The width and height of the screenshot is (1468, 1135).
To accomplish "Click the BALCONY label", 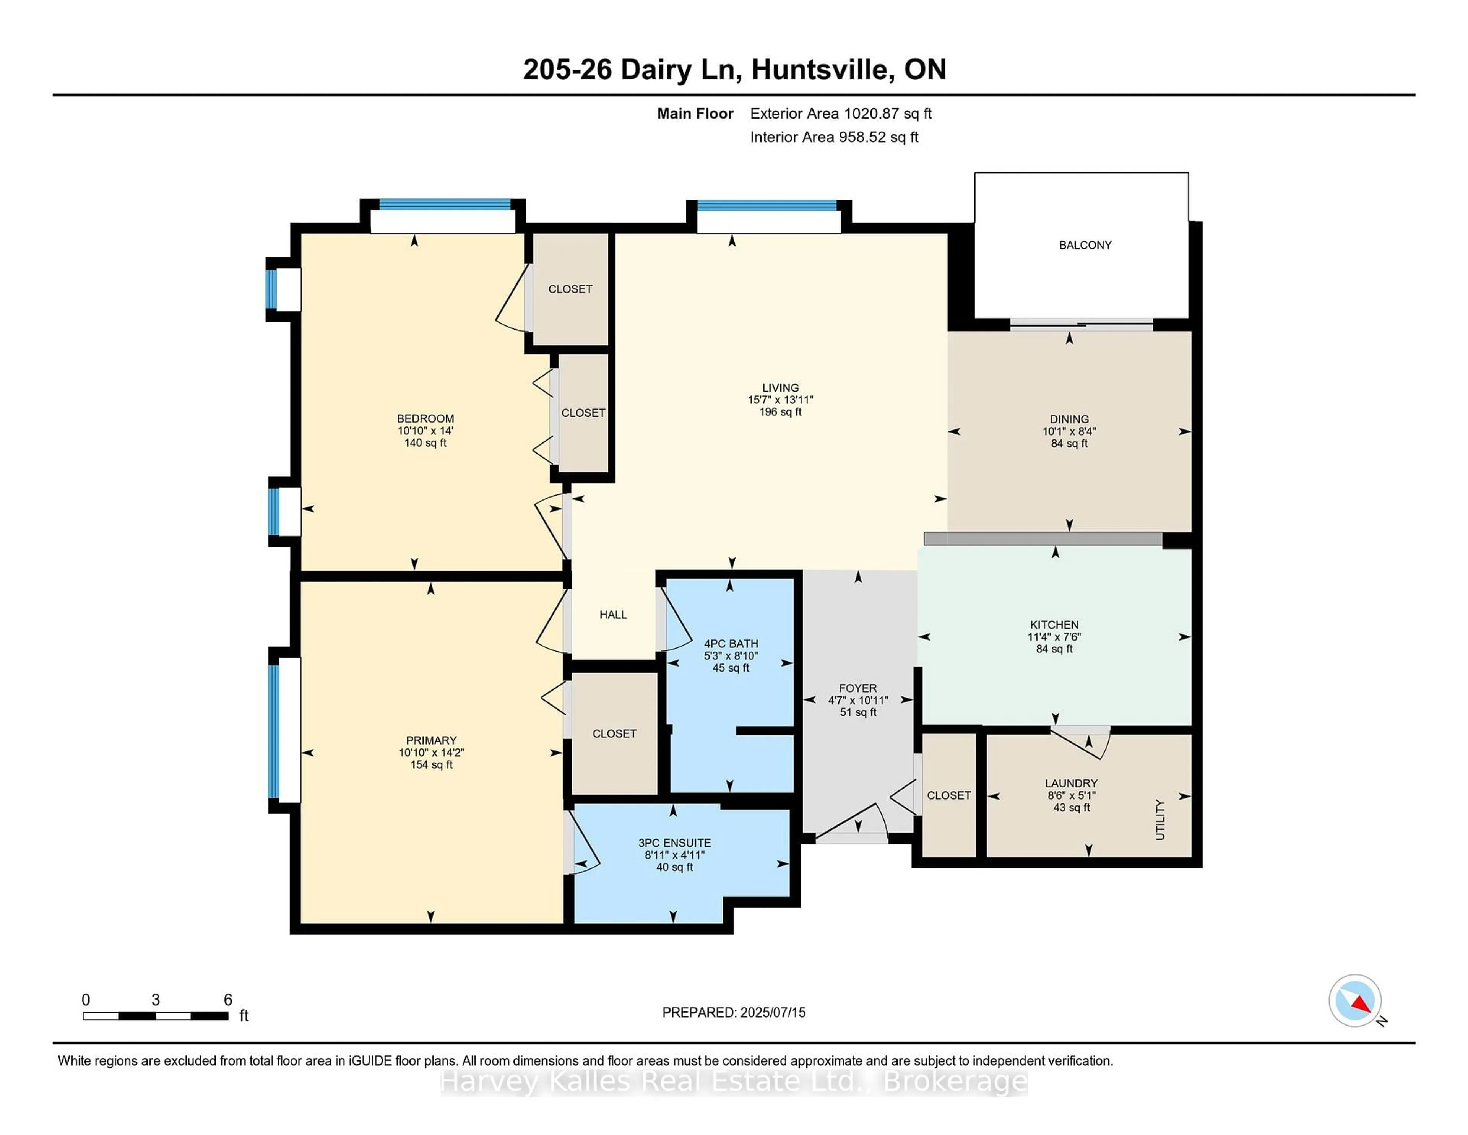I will [1085, 245].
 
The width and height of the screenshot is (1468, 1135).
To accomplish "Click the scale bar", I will [155, 1015].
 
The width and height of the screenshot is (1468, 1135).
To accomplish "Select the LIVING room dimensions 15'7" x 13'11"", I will [780, 399].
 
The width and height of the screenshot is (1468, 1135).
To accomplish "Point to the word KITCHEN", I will [1053, 624].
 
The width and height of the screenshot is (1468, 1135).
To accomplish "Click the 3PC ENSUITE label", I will [674, 842].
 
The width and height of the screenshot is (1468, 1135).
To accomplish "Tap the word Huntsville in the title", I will [822, 69].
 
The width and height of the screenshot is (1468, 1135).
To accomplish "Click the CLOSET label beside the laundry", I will [948, 795].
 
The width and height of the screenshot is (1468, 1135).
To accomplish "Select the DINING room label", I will [1069, 419].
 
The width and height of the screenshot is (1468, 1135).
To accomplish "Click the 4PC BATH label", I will [731, 644].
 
